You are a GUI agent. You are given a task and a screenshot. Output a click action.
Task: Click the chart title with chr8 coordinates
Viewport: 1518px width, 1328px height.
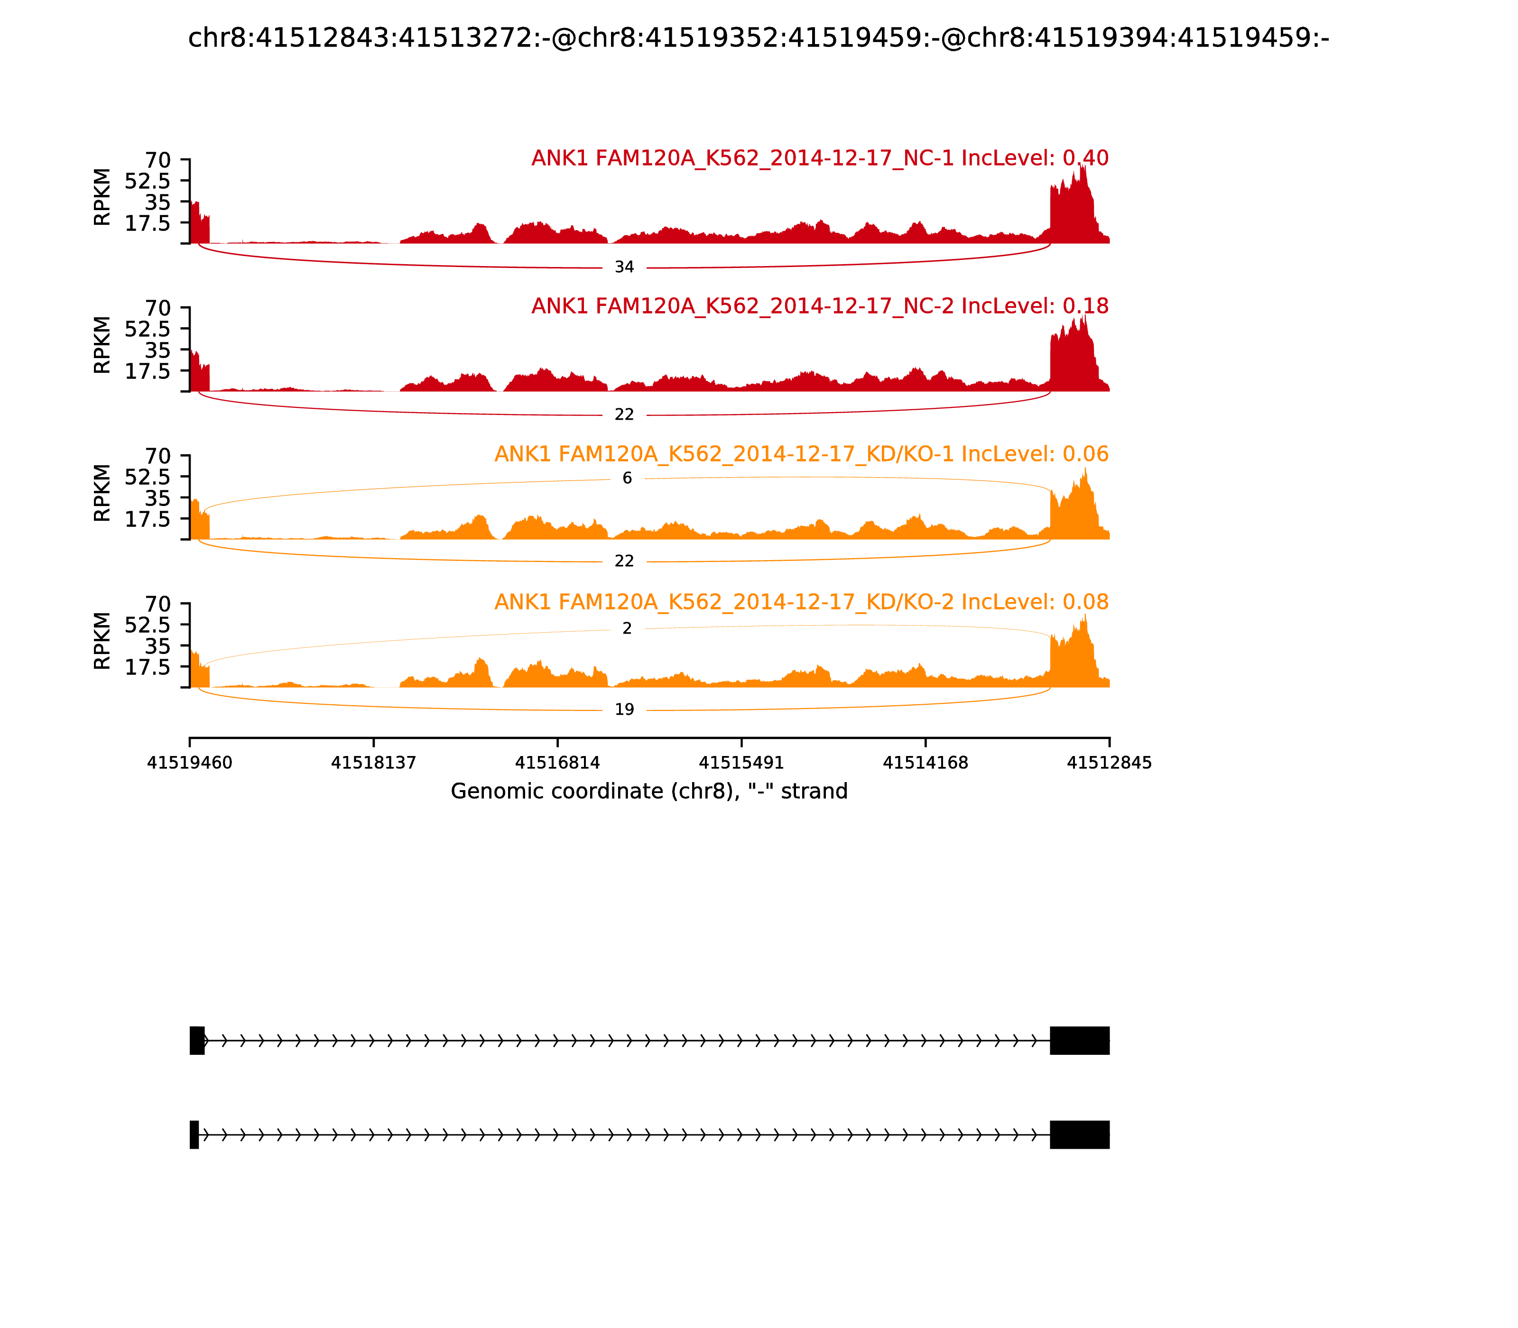(758, 38)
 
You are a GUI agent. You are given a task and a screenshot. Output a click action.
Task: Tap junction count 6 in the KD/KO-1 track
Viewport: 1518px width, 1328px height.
(627, 478)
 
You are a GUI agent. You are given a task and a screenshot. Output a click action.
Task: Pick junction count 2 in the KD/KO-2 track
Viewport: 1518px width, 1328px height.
(627, 628)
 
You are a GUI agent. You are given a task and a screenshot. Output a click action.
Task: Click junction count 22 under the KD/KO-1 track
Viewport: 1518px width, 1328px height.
(624, 561)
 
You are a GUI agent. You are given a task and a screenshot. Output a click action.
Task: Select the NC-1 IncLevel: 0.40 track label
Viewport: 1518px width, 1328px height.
(820, 158)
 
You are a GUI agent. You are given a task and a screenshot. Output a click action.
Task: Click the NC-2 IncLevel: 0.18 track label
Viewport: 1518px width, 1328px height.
(820, 306)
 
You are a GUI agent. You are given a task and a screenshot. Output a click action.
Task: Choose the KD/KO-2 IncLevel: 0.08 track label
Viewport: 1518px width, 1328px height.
(801, 602)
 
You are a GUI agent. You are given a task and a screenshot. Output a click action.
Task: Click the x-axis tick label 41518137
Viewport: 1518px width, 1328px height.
(374, 763)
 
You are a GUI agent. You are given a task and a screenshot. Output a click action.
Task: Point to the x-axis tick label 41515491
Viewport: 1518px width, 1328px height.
(741, 763)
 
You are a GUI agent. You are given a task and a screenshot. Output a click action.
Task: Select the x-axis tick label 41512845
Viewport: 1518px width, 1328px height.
(1109, 763)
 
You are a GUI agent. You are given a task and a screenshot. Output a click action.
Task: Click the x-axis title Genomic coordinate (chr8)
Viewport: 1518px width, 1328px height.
(648, 792)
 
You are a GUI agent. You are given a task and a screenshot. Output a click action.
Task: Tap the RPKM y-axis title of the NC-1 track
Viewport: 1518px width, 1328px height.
(102, 197)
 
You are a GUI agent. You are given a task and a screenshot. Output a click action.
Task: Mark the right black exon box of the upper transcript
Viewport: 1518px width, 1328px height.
(1079, 1041)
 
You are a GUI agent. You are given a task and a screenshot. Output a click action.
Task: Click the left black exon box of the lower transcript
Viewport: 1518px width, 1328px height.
(194, 1134)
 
